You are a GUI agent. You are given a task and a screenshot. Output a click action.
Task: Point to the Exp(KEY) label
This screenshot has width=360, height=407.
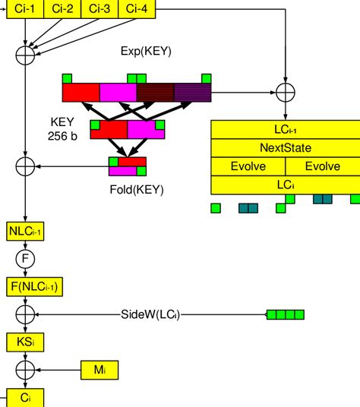[x=146, y=52]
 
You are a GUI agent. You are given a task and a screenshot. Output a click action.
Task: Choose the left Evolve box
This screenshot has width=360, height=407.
[x=248, y=166]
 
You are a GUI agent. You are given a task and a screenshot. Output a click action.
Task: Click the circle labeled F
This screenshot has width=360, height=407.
[x=26, y=259]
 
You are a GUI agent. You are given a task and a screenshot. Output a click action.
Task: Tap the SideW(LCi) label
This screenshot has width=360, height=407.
[x=155, y=314]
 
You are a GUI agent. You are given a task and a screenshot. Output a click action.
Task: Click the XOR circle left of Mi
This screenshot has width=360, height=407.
[x=26, y=369]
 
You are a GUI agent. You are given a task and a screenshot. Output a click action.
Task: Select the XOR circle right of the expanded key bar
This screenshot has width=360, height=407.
[x=285, y=92]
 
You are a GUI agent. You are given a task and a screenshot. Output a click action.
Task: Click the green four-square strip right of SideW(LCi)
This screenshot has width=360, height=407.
[x=286, y=314]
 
